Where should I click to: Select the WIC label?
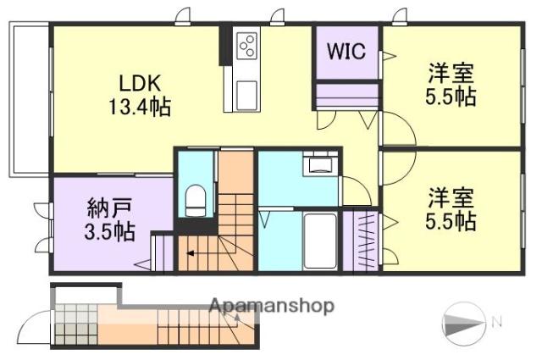point(346,51)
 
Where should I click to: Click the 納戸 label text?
point(108,208)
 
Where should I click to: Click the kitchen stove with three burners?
point(248,45)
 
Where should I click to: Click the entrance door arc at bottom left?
point(36,326)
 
